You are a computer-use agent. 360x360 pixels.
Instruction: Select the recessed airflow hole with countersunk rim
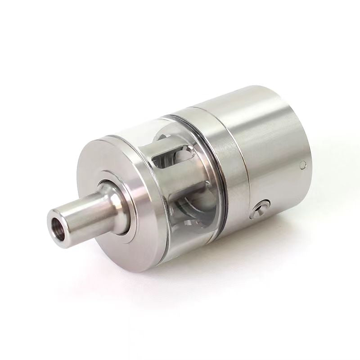point(261,210)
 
